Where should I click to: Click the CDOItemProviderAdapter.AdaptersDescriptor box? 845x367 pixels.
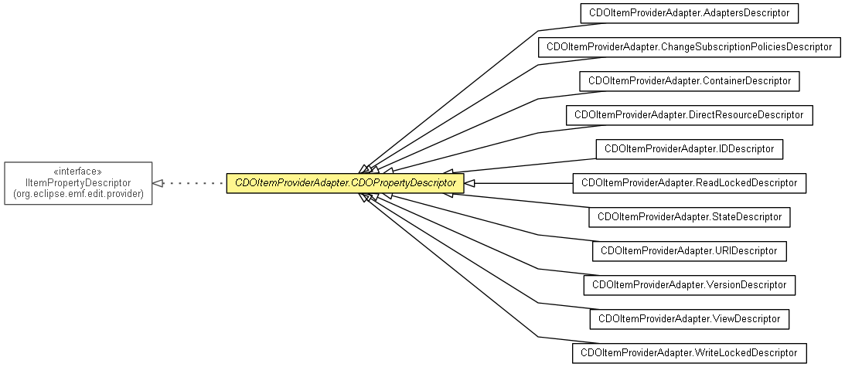coord(689,13)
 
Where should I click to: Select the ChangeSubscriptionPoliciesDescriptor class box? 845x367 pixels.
coord(689,47)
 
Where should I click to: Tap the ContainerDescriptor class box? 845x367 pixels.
coord(689,81)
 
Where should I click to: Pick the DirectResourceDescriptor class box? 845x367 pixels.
coord(689,115)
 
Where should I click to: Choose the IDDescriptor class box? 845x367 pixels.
coord(689,148)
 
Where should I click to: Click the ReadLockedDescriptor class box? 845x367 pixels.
coord(689,183)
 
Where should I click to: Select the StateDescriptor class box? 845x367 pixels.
coord(689,217)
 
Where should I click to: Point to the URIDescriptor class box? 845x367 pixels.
coord(689,251)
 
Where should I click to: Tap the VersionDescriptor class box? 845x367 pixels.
coord(689,285)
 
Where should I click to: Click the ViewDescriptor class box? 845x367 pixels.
coord(689,318)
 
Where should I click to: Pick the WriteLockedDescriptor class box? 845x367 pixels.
coord(689,354)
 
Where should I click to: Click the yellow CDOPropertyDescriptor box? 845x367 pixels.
coord(345,183)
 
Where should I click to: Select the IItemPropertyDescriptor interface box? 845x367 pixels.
coord(78,183)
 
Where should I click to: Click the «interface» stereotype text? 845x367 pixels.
coord(78,172)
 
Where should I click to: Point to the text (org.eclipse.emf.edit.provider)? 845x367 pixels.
coord(78,194)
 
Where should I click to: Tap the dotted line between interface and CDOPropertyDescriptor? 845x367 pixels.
coord(193,183)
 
